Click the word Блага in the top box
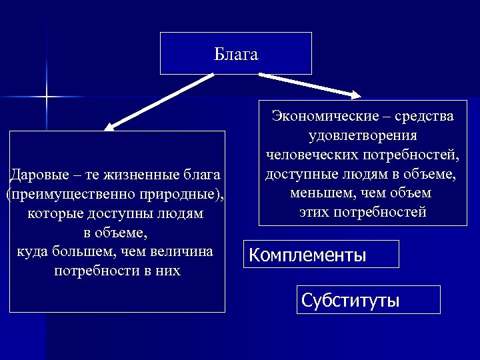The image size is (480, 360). (x=236, y=54)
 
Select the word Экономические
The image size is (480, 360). (x=323, y=116)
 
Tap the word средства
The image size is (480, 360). (x=424, y=116)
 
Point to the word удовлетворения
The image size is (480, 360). (x=363, y=135)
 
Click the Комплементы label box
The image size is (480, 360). (x=321, y=254)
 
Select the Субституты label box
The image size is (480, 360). (x=368, y=300)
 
